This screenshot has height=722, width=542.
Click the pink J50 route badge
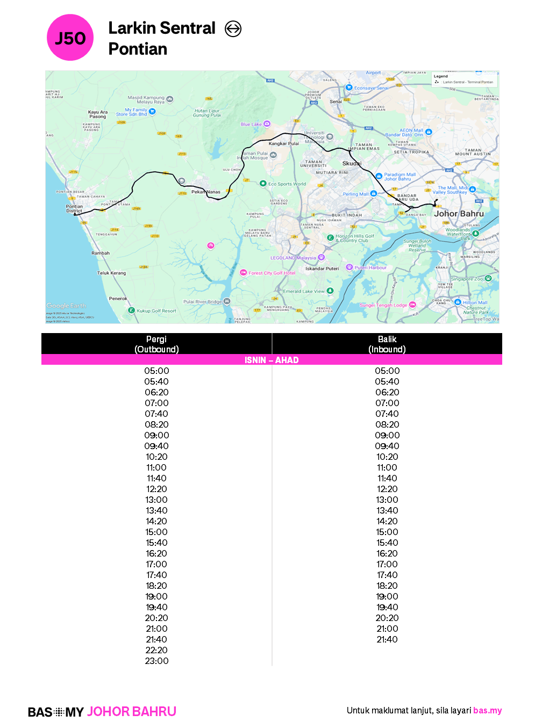pos(70,38)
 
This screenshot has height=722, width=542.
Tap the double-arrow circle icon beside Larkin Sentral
pos(233,28)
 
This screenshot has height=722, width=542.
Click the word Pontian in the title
pos(138,49)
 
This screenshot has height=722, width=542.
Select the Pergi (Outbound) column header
pos(156,344)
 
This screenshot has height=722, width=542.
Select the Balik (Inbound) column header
pos(387,344)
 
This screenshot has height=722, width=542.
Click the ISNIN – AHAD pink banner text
pos(272,360)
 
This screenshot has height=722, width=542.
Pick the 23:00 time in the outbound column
pos(156,661)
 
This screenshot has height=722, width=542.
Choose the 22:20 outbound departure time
pos(156,650)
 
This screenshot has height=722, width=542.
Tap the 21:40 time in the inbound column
pos(387,639)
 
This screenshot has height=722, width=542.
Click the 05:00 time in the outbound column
pos(156,371)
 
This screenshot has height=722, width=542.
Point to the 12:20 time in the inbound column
pos(387,489)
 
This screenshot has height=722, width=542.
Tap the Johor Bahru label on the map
pos(459,214)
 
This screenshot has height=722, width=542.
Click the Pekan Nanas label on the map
pos(206,192)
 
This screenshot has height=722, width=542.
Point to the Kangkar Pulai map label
pos(283,143)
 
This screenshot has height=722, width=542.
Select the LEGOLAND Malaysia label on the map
pos(293,258)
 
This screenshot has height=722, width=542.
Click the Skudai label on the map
pos(352,163)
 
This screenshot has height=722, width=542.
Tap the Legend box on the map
pos(465,80)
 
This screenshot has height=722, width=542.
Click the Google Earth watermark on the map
pos(66,306)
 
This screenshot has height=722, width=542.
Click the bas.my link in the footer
pos(487,710)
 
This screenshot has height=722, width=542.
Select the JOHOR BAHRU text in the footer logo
pos(132,711)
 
